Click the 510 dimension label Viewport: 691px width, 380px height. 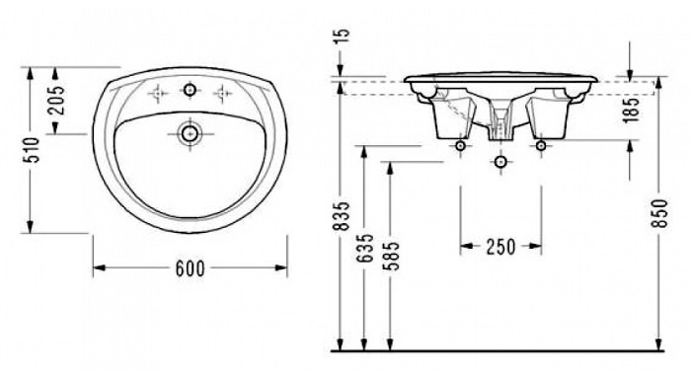(31, 150)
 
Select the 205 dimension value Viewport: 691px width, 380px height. (56, 100)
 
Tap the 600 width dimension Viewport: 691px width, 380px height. (191, 268)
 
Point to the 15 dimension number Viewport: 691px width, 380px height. (343, 36)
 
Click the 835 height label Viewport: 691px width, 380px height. (342, 216)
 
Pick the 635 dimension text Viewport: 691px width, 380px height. (366, 249)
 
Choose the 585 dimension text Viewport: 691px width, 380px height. (391, 256)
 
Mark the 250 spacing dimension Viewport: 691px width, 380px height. (500, 247)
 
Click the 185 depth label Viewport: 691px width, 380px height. (631, 110)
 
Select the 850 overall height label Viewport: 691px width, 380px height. (659, 213)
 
